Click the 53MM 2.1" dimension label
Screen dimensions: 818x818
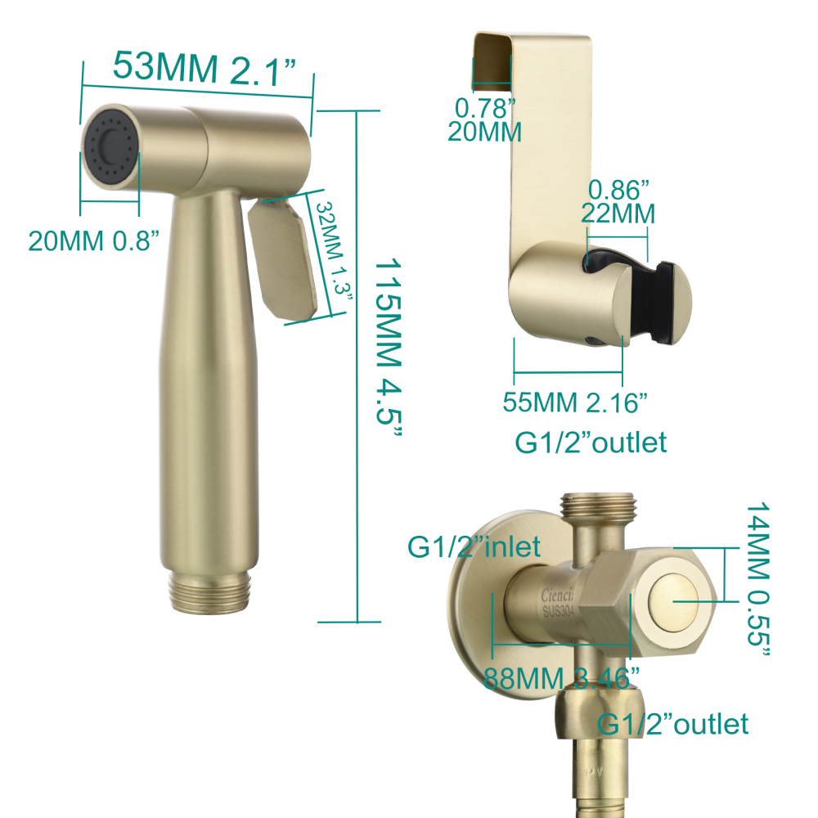click(204, 67)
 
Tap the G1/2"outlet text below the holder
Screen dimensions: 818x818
click(591, 443)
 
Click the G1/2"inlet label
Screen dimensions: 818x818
click(474, 546)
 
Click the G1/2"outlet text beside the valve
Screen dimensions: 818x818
click(673, 724)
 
